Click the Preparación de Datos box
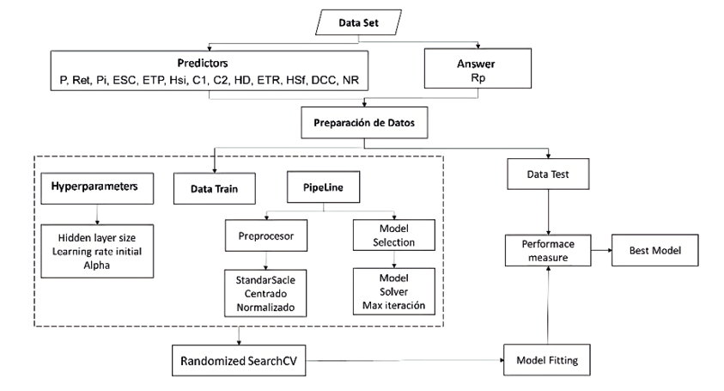[x=362, y=122]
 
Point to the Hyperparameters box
[x=95, y=186]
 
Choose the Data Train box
[x=212, y=186]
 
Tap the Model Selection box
[x=392, y=235]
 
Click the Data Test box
[x=548, y=176]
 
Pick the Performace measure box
[x=548, y=250]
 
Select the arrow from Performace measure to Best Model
[x=599, y=250]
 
